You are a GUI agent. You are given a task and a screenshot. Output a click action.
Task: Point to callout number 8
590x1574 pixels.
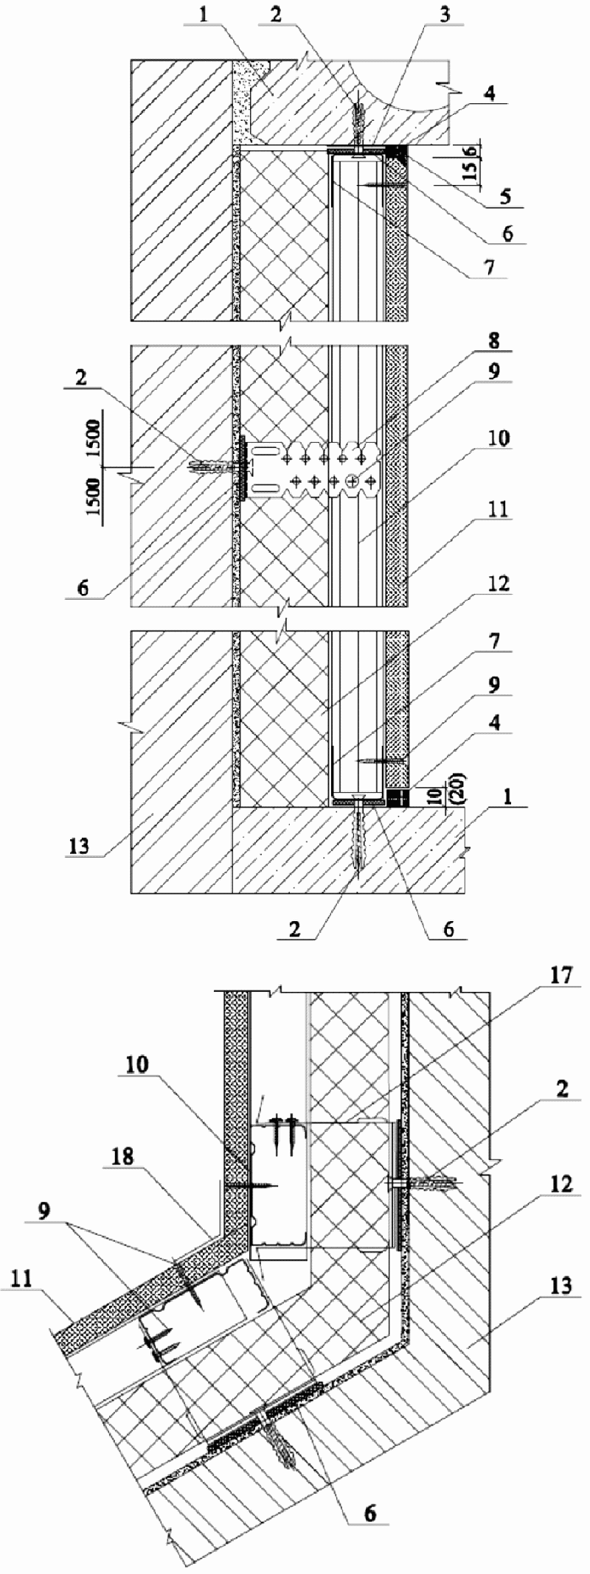click(x=493, y=340)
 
